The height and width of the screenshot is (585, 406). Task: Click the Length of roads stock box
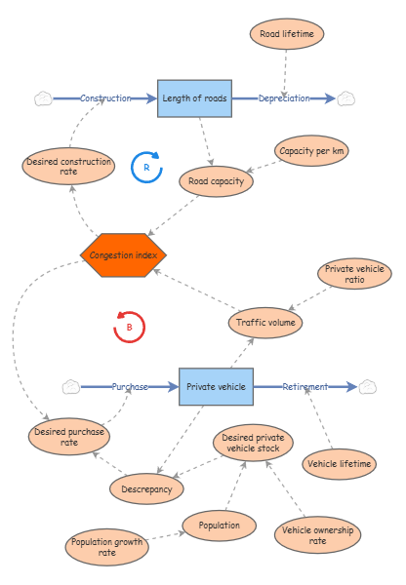(x=195, y=98)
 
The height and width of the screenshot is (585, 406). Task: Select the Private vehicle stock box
(x=216, y=387)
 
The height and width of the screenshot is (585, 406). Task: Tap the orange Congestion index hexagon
(x=123, y=254)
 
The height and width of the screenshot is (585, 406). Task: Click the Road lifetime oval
(x=286, y=34)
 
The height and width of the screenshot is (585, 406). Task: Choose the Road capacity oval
(x=215, y=180)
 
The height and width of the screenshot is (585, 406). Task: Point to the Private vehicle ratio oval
(x=354, y=276)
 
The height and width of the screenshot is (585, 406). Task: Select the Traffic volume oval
(x=266, y=321)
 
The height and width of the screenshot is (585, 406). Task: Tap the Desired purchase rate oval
(x=69, y=436)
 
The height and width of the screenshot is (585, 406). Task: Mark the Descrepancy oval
(x=146, y=488)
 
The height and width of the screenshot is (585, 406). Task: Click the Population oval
(x=219, y=525)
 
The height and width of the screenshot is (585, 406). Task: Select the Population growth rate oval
(x=107, y=547)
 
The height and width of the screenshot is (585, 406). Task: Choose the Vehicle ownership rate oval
(x=317, y=533)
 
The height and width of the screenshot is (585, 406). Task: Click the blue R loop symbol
(x=146, y=168)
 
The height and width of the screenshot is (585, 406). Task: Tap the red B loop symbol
(x=129, y=327)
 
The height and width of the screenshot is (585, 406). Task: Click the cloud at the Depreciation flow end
(x=346, y=98)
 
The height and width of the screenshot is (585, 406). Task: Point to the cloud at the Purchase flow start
(x=71, y=387)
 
